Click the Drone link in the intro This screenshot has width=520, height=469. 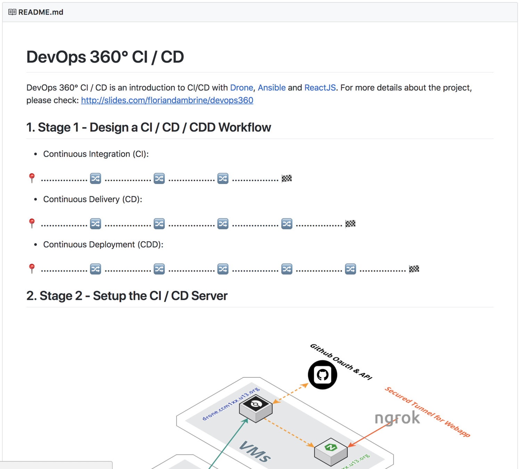click(x=241, y=88)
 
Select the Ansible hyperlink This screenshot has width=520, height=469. click(x=271, y=88)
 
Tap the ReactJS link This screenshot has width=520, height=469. click(x=320, y=88)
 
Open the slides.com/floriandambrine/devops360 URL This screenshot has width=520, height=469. click(x=167, y=100)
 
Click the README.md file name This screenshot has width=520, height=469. click(x=41, y=12)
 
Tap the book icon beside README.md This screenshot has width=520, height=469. click(x=12, y=12)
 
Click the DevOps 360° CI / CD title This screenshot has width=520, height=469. click(x=105, y=57)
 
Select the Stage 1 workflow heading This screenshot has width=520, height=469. click(x=149, y=127)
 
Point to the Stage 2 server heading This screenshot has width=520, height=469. click(x=127, y=296)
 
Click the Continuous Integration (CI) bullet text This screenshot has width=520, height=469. click(x=96, y=154)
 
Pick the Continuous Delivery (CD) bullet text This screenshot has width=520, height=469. click(x=92, y=199)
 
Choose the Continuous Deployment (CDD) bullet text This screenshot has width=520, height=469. click(x=103, y=245)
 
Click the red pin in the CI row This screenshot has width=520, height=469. click(x=32, y=178)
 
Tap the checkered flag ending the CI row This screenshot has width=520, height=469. click(x=287, y=178)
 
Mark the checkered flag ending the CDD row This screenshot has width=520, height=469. click(x=414, y=269)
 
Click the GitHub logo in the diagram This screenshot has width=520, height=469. click(x=322, y=375)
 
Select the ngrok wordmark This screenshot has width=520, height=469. click(x=397, y=418)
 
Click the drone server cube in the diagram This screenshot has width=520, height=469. click(x=256, y=409)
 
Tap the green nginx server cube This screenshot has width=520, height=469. click(x=331, y=452)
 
